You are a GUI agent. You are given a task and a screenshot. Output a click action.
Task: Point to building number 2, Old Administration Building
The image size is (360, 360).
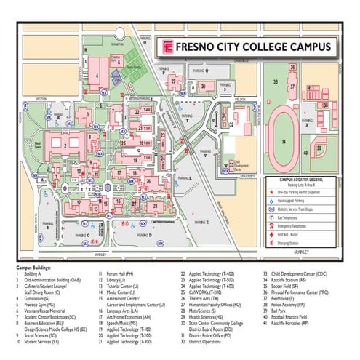(65, 144)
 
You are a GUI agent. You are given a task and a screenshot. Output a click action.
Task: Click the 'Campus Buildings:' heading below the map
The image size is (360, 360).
(37, 267)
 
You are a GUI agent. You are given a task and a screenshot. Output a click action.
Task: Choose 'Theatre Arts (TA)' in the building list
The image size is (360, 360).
(204, 298)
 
